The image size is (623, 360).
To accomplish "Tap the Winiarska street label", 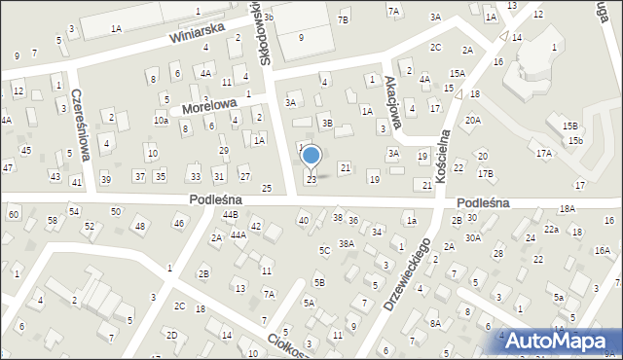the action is (196, 35).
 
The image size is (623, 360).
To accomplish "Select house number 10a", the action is (161, 121).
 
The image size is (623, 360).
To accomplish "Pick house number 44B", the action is (230, 214).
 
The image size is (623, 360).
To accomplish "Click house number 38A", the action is (346, 243).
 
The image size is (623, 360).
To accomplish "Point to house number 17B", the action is (485, 173).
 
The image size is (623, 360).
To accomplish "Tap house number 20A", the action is (472, 121).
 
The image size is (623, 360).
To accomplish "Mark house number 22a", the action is (551, 229).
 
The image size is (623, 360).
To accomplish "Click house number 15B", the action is (569, 126).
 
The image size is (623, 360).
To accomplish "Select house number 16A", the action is (602, 250).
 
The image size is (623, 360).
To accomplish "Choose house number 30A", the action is (473, 237).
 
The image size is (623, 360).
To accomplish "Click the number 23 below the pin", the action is (311, 180).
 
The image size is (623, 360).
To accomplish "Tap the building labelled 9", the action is (301, 37).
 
